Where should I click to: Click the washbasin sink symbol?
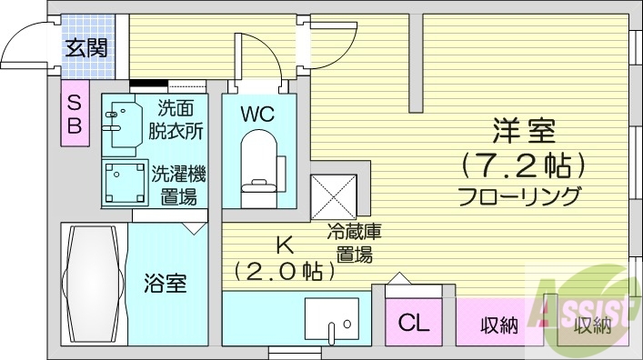122,125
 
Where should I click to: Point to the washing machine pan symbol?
124,182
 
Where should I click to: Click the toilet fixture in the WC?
258,162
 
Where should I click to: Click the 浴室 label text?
166,284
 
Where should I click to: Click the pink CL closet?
414,322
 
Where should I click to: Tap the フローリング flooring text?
519,195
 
